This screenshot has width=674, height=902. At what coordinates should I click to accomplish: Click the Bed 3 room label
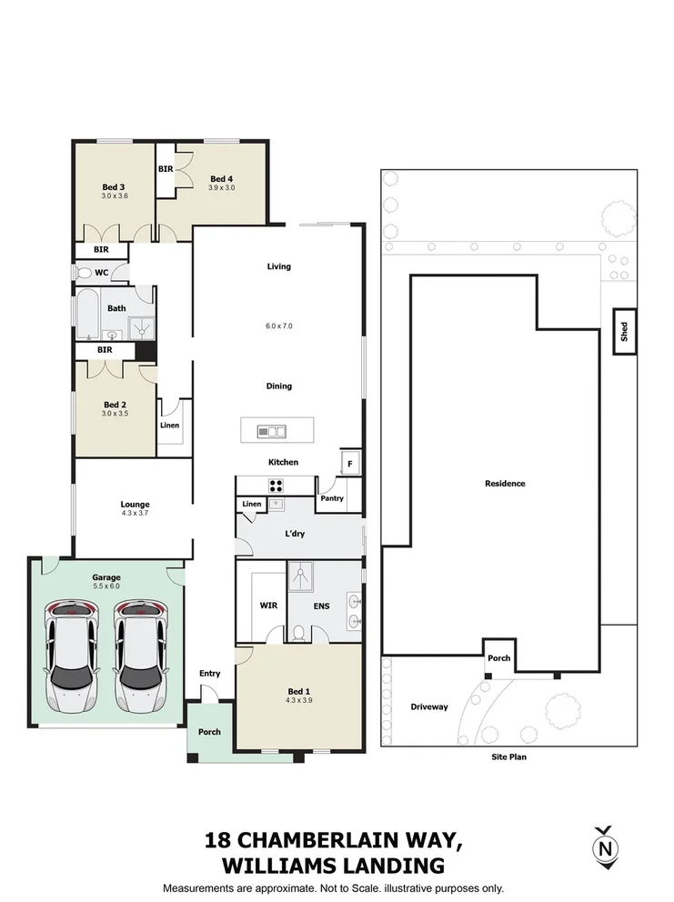[114, 186]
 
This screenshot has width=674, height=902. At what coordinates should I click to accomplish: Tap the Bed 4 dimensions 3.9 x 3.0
[222, 187]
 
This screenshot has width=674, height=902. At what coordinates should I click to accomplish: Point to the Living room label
[278, 266]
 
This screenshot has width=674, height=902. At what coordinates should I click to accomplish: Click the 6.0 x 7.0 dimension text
[278, 326]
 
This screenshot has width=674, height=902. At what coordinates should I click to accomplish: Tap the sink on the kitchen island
[272, 431]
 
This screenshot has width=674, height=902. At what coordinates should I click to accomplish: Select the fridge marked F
[349, 463]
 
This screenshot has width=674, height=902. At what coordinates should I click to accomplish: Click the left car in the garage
[72, 656]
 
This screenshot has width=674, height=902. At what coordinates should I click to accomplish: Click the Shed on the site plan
[625, 332]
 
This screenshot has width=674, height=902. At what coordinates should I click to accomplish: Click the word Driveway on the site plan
[428, 707]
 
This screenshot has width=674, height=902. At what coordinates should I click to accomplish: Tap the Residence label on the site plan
[504, 484]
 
